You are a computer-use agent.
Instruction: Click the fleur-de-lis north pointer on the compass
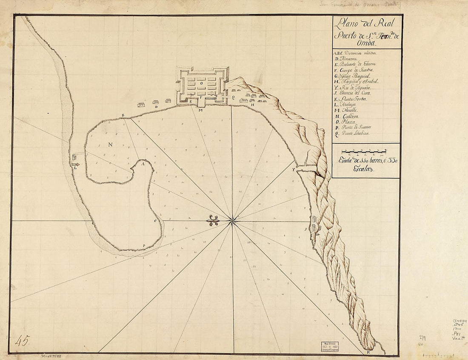(213, 220)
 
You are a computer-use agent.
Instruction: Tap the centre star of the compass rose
(232, 221)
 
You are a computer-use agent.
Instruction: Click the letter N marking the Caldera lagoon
(110, 144)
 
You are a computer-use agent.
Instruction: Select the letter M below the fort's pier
(200, 110)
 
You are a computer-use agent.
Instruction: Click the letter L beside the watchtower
(75, 168)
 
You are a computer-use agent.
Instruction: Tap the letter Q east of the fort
(233, 97)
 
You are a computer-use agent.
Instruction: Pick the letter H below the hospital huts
(252, 105)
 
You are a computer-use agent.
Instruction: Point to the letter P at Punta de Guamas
(144, 246)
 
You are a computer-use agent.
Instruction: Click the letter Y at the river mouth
(293, 169)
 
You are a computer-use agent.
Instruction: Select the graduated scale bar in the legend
(364, 151)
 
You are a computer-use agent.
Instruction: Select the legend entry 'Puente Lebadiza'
(353, 134)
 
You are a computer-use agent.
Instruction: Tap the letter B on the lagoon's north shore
(123, 115)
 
